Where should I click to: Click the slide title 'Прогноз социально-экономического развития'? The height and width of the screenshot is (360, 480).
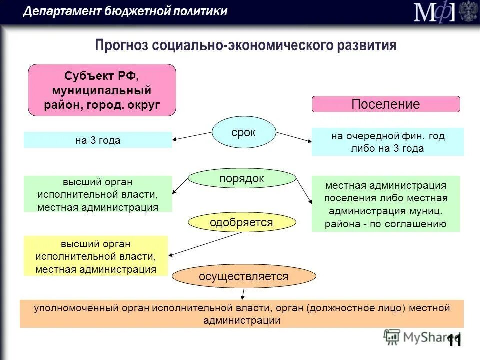[x=246, y=46]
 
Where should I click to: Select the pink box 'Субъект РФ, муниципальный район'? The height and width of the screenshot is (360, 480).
[x=102, y=90]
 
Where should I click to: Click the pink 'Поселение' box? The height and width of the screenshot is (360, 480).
[x=386, y=104]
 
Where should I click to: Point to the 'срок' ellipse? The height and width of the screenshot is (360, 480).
[x=244, y=132]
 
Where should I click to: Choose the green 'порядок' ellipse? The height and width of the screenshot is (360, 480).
[x=242, y=178]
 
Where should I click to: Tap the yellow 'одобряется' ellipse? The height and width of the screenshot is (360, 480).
[x=241, y=222]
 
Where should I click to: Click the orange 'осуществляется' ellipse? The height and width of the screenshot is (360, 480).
[x=244, y=276]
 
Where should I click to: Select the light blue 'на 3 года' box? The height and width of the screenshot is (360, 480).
[x=98, y=140]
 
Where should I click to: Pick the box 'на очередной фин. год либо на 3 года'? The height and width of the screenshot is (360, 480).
[x=388, y=142]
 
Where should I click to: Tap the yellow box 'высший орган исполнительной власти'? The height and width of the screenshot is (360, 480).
[x=96, y=256]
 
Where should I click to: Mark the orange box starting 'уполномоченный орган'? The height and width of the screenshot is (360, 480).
[x=242, y=314]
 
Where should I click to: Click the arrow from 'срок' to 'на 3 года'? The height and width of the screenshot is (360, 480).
[x=192, y=136]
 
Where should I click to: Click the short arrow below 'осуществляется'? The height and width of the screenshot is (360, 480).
[x=243, y=294]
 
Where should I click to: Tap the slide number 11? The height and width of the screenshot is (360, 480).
[x=454, y=341]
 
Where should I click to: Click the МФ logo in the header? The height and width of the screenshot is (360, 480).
[x=433, y=12]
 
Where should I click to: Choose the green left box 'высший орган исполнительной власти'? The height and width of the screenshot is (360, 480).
[x=98, y=194]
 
